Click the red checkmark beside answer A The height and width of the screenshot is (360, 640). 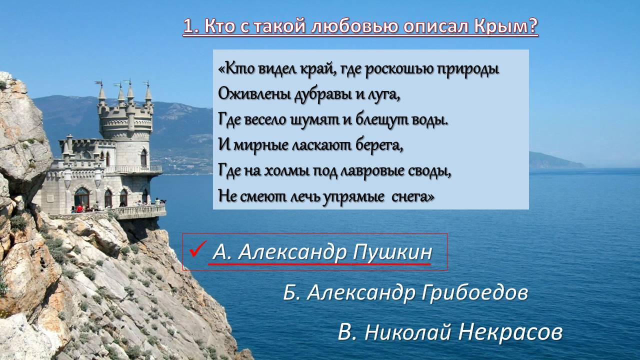pos(197,249)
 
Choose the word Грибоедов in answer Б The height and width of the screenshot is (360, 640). pos(475,292)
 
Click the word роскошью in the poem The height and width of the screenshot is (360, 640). pos(399,69)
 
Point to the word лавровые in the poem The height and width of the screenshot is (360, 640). pos(372,171)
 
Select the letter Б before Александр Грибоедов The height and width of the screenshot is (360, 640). pos(291,292)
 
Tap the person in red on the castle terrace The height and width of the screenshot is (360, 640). pos(79,208)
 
